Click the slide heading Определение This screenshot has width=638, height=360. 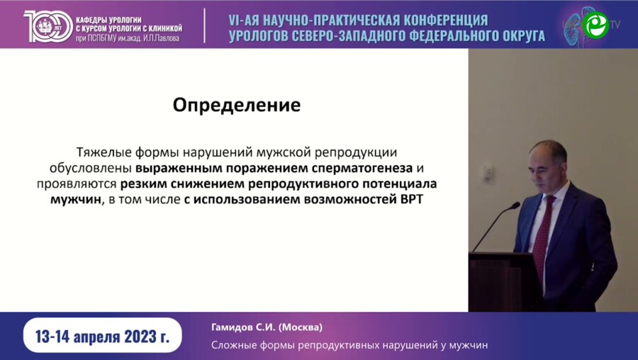(237, 106)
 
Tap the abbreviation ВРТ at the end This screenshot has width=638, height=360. (417, 200)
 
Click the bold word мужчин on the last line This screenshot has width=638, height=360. (74, 200)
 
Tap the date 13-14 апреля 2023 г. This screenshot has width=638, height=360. (103, 337)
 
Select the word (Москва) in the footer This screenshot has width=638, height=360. (301, 327)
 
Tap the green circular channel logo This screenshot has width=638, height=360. (595, 24)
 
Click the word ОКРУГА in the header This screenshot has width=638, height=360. (515, 35)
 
